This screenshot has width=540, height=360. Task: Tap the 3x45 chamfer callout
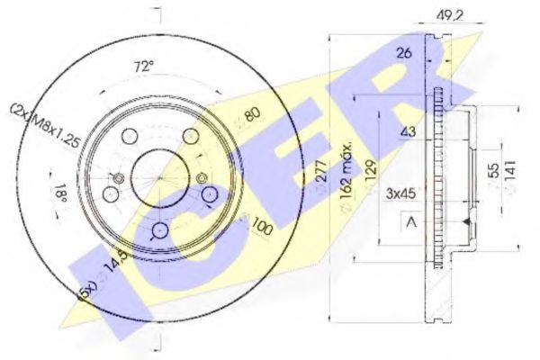pos(400,192)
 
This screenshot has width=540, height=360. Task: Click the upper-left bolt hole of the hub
pos(127,135)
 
